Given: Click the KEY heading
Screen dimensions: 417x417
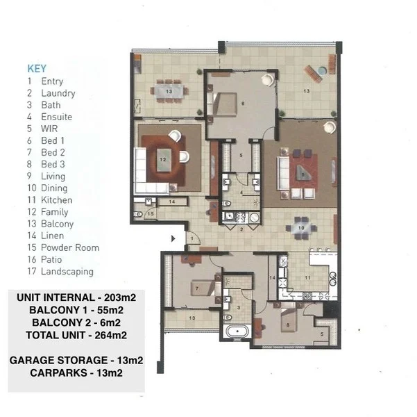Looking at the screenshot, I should point(36,69).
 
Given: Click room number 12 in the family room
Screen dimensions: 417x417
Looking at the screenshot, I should point(163,159).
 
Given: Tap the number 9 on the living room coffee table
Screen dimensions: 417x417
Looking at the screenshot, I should point(302,174).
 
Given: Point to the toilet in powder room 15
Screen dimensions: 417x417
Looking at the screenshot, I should point(140,214).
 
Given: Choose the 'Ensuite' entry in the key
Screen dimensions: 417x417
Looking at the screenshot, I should point(56,117).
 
